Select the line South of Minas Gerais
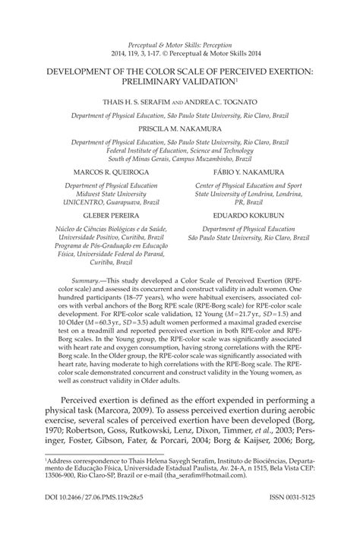click(x=180, y=159)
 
